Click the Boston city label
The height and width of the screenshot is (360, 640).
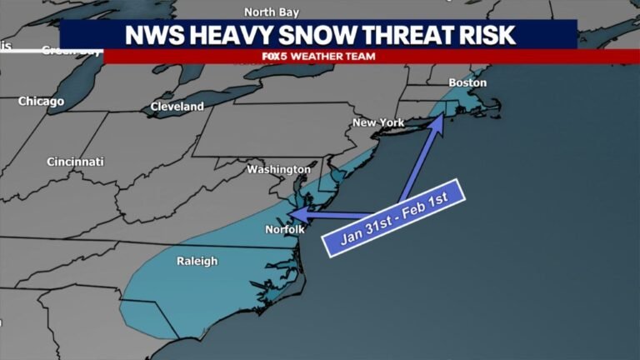pos(467,83)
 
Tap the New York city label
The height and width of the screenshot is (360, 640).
pos(378,122)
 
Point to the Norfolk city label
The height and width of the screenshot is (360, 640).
pos(285,229)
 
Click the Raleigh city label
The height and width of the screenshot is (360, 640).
pos(197,261)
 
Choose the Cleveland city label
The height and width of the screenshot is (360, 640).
pos(177,107)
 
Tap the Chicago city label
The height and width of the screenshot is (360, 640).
pos(41,101)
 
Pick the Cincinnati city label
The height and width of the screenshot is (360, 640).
pos(75,161)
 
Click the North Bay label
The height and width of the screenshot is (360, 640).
pos(271,12)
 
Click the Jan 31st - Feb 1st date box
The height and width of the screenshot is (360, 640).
pos(393,214)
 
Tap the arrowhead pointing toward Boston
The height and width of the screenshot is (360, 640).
pos(437,122)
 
